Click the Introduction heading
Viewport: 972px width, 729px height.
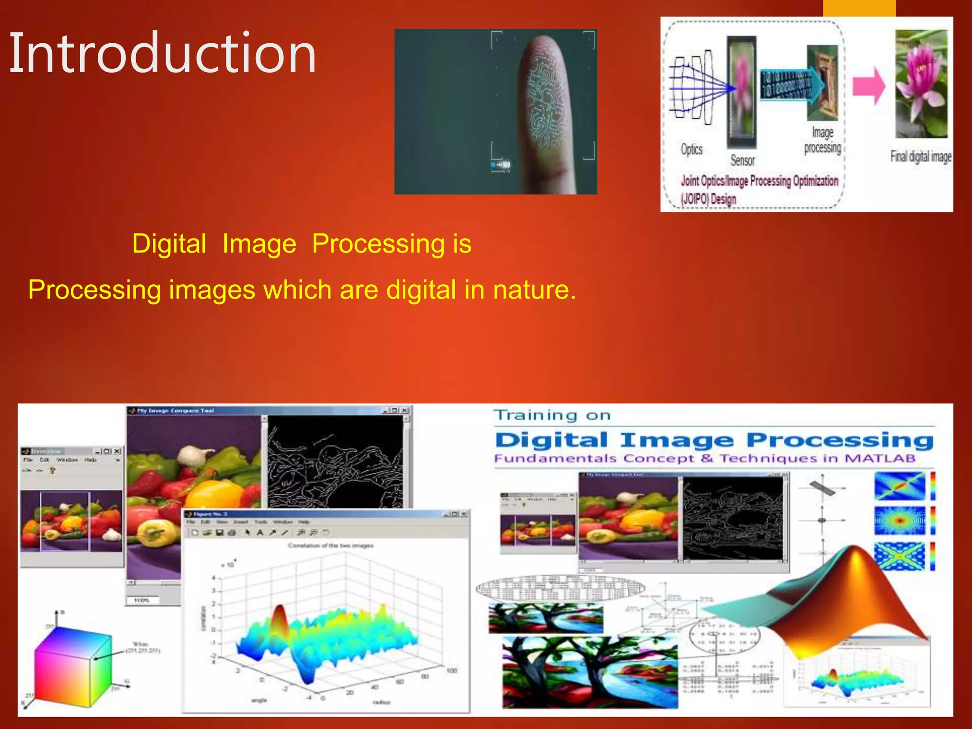click(162, 53)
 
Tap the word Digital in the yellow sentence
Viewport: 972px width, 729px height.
click(169, 244)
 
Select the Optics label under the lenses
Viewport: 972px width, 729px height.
click(692, 150)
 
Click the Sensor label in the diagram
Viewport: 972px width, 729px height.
click(742, 160)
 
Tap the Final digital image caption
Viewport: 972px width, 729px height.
click(921, 156)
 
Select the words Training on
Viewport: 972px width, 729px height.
click(551, 415)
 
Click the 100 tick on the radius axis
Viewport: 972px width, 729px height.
click(451, 671)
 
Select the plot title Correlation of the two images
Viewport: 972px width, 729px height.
click(330, 546)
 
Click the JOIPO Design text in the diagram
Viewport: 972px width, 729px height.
click(708, 198)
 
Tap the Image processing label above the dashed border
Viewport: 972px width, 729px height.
click(822, 140)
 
